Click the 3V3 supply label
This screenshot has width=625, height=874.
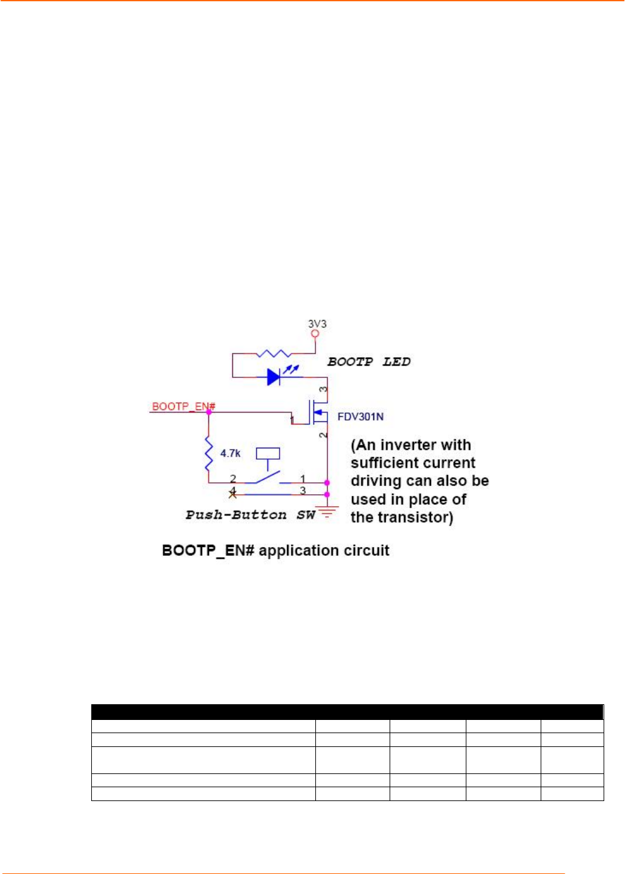(317, 324)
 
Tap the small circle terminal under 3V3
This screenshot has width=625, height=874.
(315, 334)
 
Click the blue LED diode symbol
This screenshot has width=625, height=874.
(274, 377)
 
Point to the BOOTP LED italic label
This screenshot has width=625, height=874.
(369, 362)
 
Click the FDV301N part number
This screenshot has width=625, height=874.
(360, 417)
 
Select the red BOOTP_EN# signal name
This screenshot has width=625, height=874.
(183, 406)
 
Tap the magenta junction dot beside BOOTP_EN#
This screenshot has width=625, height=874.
(209, 412)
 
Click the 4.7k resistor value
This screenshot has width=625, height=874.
(230, 453)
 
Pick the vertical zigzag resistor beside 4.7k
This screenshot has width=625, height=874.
(209, 454)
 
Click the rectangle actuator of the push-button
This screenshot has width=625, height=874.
(267, 453)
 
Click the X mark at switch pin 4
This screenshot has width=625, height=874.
(232, 494)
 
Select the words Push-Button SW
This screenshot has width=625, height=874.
(250, 515)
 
